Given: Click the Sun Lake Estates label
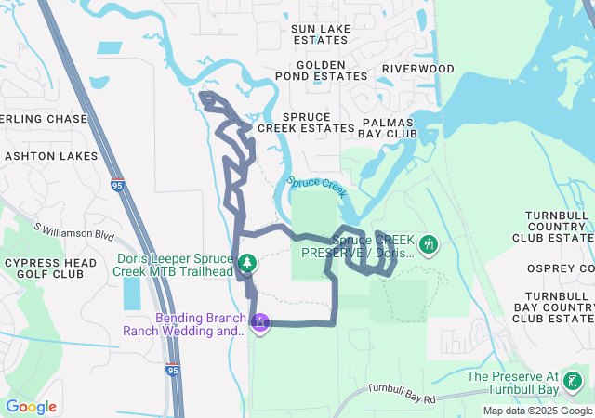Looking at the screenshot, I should (x=321, y=34).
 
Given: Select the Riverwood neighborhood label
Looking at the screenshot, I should (x=417, y=69).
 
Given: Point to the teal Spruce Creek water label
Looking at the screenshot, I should (x=316, y=187).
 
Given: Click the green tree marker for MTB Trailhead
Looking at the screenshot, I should (x=247, y=265).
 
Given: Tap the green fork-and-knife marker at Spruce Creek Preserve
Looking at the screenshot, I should (x=429, y=244).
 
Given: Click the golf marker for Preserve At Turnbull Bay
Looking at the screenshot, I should (x=573, y=381).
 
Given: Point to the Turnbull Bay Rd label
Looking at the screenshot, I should (x=401, y=393).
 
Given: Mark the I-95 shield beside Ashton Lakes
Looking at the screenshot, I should (x=117, y=186).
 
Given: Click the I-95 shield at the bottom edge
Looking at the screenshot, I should (x=173, y=370).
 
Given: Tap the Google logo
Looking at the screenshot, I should (x=31, y=407).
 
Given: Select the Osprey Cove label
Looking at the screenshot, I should (x=560, y=268).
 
